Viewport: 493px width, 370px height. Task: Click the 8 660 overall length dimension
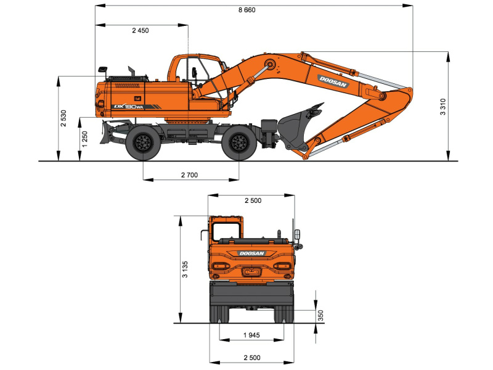tap(247, 10)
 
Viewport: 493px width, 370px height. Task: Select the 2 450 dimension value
tap(141, 30)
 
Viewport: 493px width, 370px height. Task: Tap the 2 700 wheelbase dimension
tap(190, 175)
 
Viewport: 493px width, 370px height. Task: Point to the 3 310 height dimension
tap(442, 107)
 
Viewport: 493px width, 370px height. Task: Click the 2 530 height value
tap(63, 118)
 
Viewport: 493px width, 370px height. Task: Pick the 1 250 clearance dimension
tap(84, 139)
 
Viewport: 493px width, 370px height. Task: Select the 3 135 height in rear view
tap(185, 269)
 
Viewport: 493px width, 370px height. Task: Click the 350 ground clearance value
tap(320, 315)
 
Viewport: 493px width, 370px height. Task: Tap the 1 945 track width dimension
tap(251, 335)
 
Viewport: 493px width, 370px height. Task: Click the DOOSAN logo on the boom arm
tap(333, 81)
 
